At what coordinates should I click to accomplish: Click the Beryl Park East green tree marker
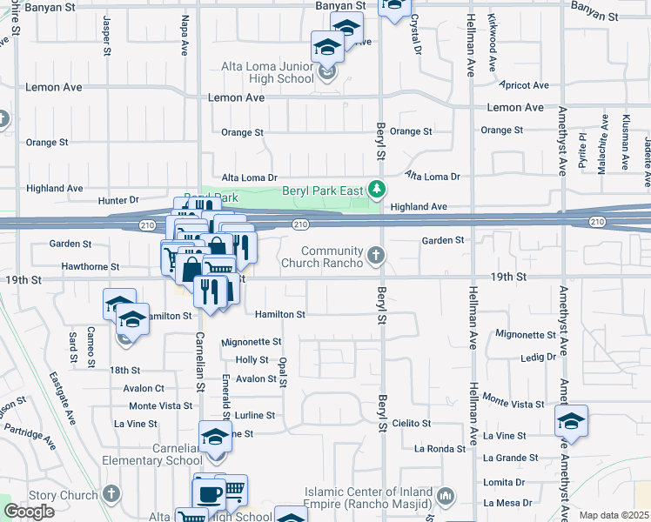(376, 189)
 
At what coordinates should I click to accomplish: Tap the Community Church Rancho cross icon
(376, 255)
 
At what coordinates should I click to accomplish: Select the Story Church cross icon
(110, 494)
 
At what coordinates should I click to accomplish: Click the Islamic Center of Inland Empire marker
(446, 497)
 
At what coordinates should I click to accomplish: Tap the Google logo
(29, 512)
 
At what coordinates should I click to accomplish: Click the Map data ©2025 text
(614, 515)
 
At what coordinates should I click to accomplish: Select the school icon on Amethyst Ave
(571, 422)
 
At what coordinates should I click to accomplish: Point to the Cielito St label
(412, 423)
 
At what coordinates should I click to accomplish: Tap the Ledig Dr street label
(538, 357)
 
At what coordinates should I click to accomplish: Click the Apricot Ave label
(525, 85)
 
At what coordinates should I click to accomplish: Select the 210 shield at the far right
(596, 223)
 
